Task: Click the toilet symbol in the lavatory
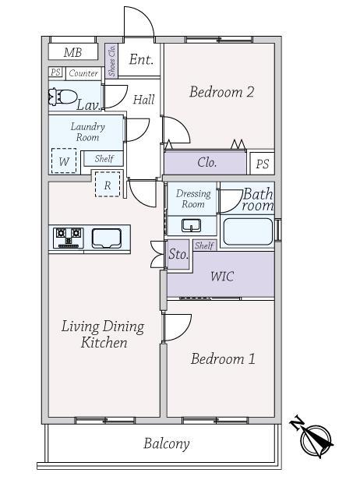63,97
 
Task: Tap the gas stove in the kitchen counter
69,238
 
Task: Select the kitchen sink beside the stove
107,238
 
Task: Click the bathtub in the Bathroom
248,231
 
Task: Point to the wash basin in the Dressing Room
192,225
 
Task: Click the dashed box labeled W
64,161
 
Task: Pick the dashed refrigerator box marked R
108,184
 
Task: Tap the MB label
73,52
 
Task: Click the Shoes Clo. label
111,61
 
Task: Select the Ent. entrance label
141,59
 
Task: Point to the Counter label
83,73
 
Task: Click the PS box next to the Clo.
263,164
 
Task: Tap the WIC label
222,277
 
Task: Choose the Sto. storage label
178,254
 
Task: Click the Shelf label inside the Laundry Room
104,159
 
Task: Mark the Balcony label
167,443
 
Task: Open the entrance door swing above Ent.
139,22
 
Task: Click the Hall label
144,100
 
